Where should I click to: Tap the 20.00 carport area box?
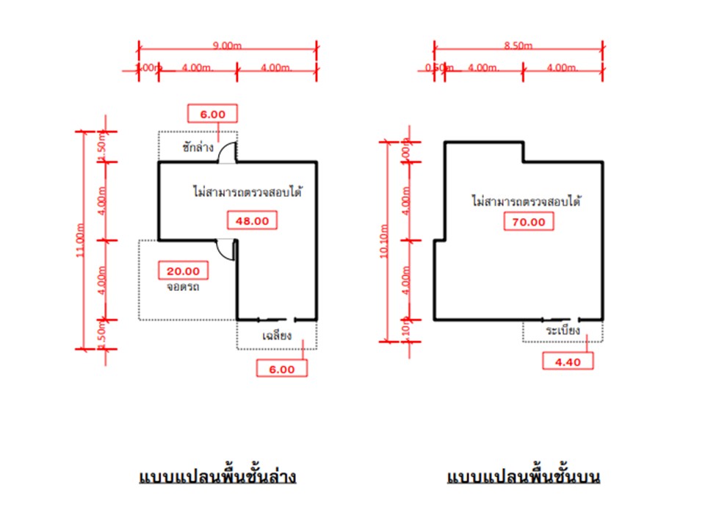click(184, 270)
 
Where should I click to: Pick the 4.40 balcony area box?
click(568, 361)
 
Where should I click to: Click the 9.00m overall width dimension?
click(227, 46)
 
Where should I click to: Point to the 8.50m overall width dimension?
click(518, 46)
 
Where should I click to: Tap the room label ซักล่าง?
click(198, 147)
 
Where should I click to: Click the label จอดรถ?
click(183, 287)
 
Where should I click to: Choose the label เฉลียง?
click(278, 336)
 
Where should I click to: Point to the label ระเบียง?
click(563, 331)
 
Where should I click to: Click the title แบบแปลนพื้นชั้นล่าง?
click(217, 477)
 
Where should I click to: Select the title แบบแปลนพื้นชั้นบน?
click(524, 477)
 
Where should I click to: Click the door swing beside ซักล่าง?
click(228, 151)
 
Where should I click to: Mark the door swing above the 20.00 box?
click(225, 249)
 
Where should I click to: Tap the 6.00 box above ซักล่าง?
click(212, 113)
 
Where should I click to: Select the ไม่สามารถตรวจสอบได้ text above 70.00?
click(526, 199)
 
